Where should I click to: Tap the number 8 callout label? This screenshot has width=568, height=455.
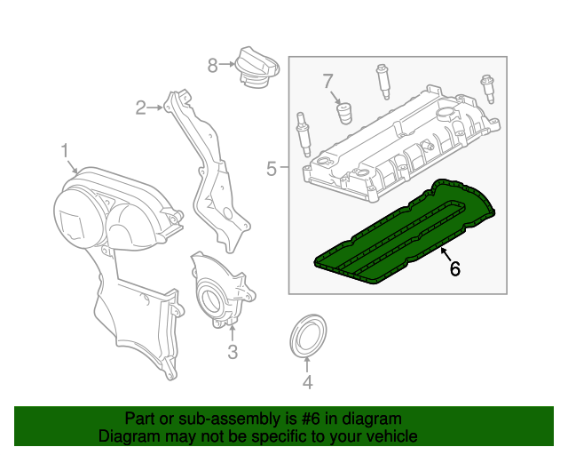(x=212, y=65)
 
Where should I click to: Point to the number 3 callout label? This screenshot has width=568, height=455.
(x=232, y=353)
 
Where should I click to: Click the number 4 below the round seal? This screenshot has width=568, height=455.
(x=307, y=384)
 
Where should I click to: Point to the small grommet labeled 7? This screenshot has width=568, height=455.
(x=343, y=114)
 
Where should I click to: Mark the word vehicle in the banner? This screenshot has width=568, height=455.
(x=391, y=436)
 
